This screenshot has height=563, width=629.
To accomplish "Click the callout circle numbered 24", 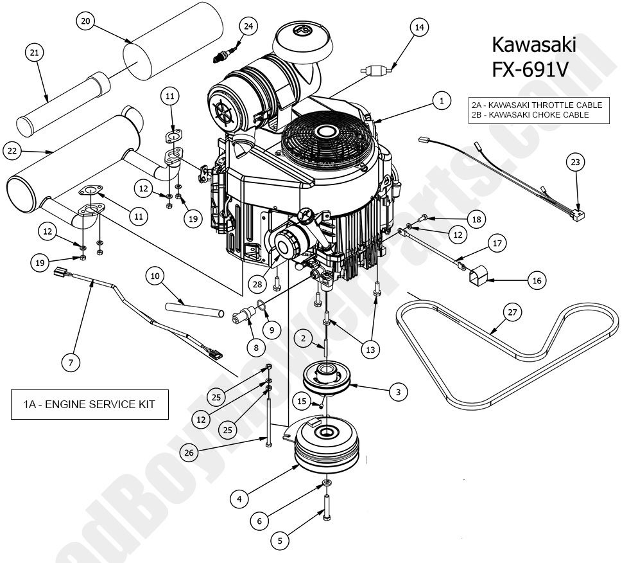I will coord(248,26).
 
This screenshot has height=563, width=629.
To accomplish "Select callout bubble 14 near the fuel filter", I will coord(419,27).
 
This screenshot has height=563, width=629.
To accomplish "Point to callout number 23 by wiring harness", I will coord(574,163).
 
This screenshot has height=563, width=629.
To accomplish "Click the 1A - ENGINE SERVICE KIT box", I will coord(90,405).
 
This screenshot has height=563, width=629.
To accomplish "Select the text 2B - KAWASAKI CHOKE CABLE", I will coord(538,114).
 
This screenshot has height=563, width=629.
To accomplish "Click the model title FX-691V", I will coord(530,69).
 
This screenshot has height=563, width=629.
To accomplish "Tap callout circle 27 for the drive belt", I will coord(512,313).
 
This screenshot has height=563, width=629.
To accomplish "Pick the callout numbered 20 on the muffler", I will coord(86,21).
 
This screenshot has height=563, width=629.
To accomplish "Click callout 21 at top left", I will coord(35,53).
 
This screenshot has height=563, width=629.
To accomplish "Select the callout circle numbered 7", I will coord(71,363).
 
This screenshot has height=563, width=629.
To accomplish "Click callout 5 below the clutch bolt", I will coord(279,541).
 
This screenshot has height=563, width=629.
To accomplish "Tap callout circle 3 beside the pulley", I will coord(397,391).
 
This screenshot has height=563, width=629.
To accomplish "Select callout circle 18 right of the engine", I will coord(476,220).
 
